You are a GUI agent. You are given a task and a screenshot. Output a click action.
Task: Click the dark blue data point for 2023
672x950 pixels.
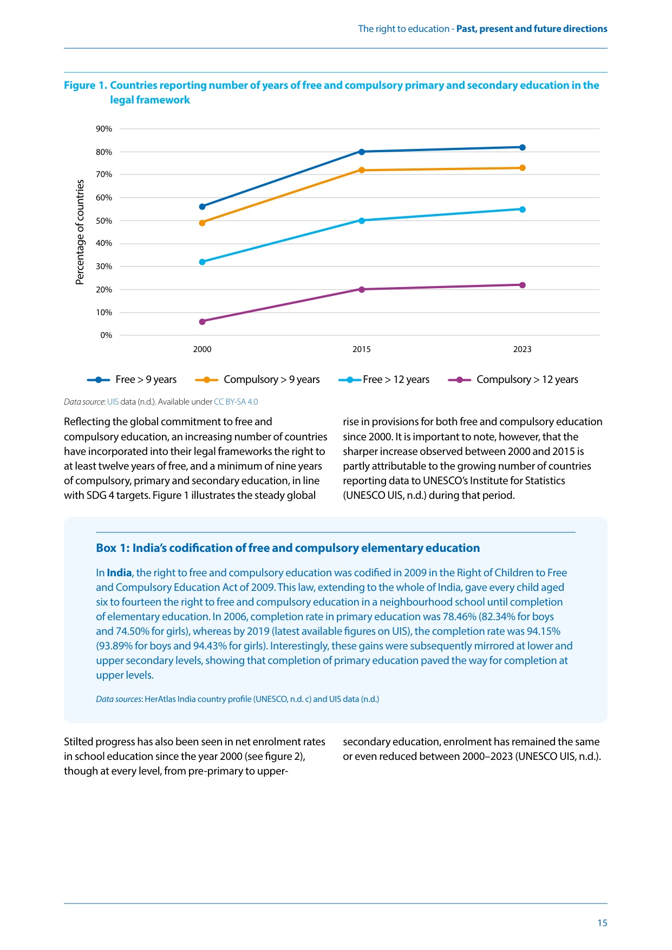[522, 147]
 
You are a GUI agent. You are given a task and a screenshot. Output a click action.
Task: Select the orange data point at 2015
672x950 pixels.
[362, 170]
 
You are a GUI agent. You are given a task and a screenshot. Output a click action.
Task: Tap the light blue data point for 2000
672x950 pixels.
[203, 262]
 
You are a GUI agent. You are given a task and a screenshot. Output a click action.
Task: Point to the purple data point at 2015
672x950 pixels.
[362, 289]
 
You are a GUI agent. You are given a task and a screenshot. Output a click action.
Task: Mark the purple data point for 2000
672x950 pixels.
[203, 321]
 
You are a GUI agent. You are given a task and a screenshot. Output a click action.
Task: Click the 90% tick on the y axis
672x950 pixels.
[104, 129]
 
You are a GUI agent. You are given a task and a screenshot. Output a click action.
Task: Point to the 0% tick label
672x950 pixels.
[106, 335]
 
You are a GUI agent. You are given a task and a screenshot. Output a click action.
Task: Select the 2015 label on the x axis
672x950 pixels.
[362, 349]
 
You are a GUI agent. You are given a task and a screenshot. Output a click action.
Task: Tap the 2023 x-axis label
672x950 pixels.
[522, 349]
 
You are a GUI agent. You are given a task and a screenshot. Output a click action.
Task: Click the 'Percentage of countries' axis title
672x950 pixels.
[80, 232]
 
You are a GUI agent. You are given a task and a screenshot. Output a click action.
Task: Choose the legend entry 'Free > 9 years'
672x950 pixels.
[132, 380]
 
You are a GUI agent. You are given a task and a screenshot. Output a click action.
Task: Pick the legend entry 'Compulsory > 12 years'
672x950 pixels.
[513, 380]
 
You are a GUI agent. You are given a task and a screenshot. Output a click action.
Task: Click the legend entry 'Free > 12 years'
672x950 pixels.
[384, 380]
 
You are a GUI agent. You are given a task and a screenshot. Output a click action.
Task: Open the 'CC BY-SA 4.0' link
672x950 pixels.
[236, 402]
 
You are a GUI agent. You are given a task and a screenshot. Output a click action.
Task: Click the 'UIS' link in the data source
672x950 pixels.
[113, 402]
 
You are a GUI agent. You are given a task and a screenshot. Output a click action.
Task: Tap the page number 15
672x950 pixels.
[602, 923]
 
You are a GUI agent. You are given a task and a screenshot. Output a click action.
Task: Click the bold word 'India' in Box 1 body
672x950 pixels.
[119, 572]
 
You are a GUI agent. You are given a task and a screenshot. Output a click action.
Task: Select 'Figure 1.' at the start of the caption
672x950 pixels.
[86, 86]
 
